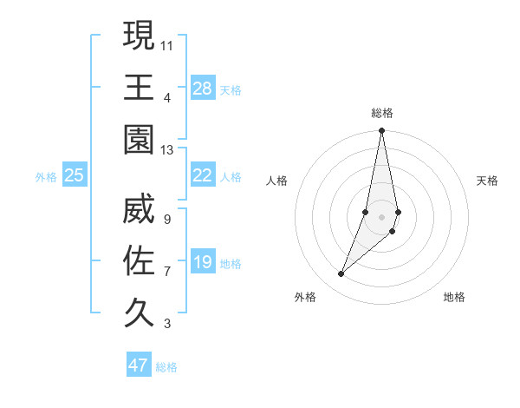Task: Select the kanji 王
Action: [x=139, y=88]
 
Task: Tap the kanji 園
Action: [x=139, y=138]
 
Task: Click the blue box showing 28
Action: [x=203, y=89]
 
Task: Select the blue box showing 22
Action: [x=203, y=175]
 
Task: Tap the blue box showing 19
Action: [x=203, y=262]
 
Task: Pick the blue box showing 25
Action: [x=75, y=175]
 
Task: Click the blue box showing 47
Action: [x=139, y=365]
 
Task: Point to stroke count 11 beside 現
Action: [x=167, y=43]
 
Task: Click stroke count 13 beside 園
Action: [x=167, y=149]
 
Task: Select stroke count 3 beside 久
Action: [x=167, y=325]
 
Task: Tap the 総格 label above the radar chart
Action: [x=382, y=113]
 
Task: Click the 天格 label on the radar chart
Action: [x=487, y=181]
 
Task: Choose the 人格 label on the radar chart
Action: [x=276, y=181]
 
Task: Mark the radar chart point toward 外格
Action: [x=341, y=274]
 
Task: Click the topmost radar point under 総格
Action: [x=381, y=132]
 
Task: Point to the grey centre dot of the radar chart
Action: [x=381, y=217]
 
